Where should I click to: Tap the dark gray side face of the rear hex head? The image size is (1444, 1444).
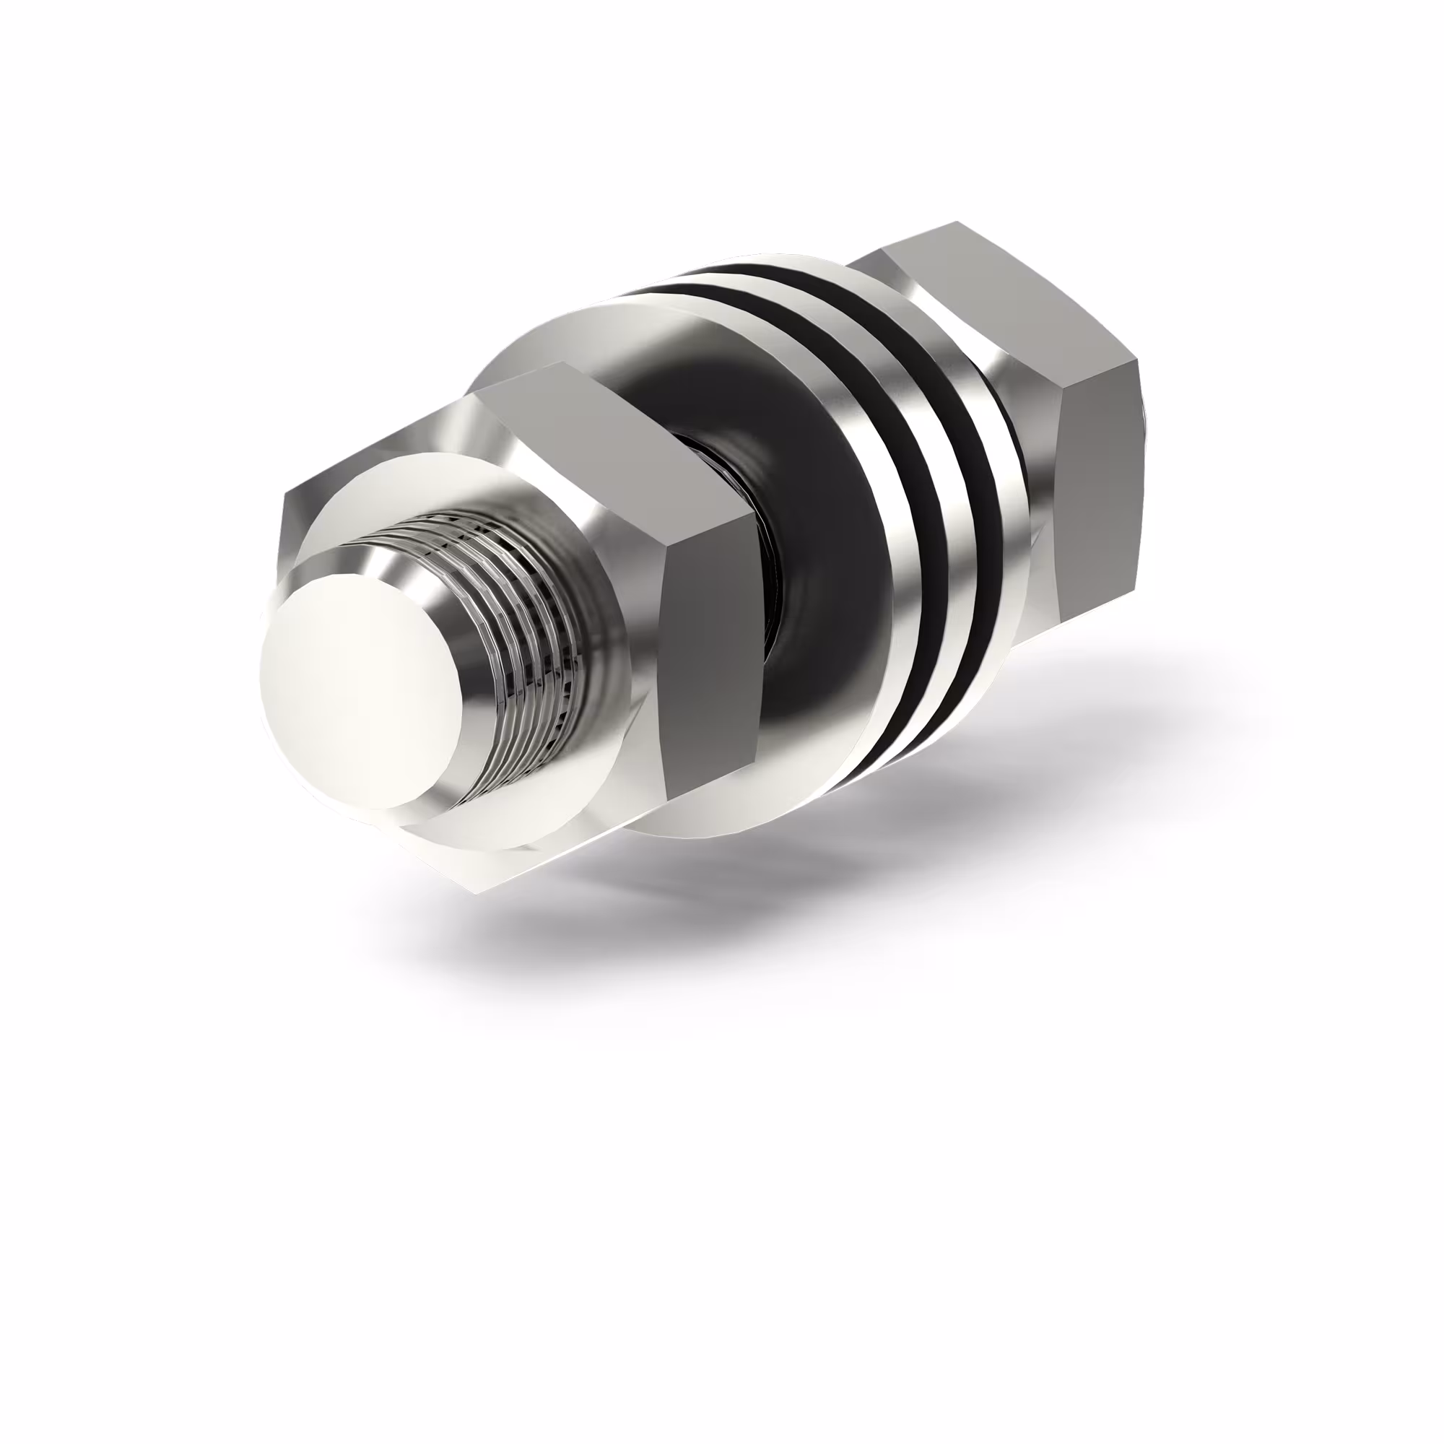click(1099, 479)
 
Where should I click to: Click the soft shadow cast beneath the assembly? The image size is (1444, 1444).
click(822, 897)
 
